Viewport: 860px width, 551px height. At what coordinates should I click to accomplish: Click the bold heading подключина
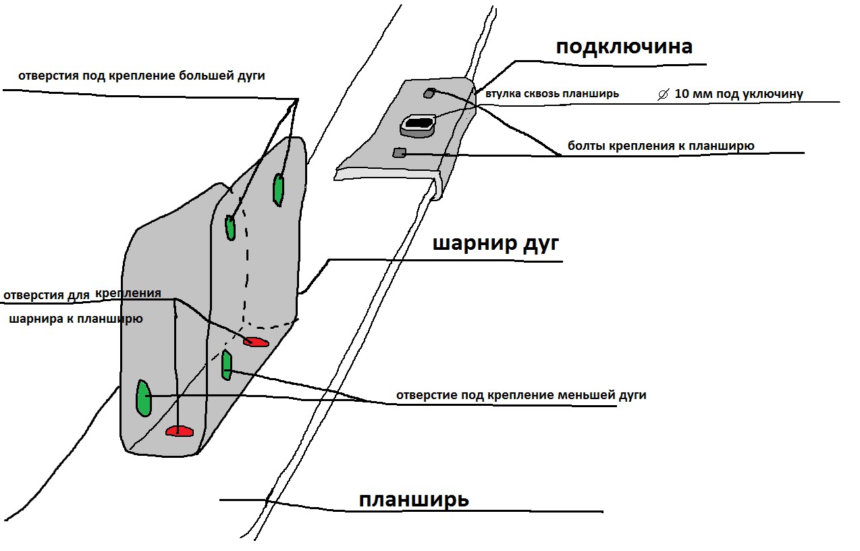624,47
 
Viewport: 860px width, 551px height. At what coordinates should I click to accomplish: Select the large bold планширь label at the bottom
414,500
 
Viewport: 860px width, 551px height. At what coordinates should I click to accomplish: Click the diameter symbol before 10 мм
663,95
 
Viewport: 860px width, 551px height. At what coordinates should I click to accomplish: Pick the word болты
585,146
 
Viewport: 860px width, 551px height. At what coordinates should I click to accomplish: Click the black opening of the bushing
420,124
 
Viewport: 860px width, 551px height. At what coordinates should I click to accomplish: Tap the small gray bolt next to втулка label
428,93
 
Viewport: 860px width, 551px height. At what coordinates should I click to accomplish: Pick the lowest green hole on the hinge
143,398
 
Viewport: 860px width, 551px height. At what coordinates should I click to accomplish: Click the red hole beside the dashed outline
257,342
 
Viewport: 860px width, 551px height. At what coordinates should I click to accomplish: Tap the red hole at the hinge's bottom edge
180,431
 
